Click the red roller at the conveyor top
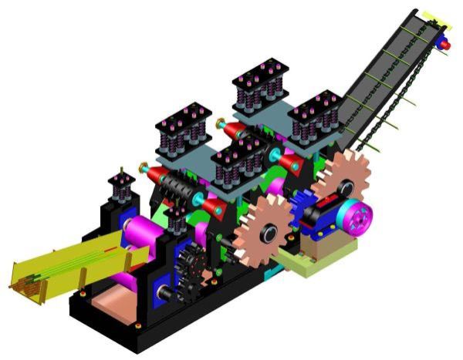click(x=445, y=45)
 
